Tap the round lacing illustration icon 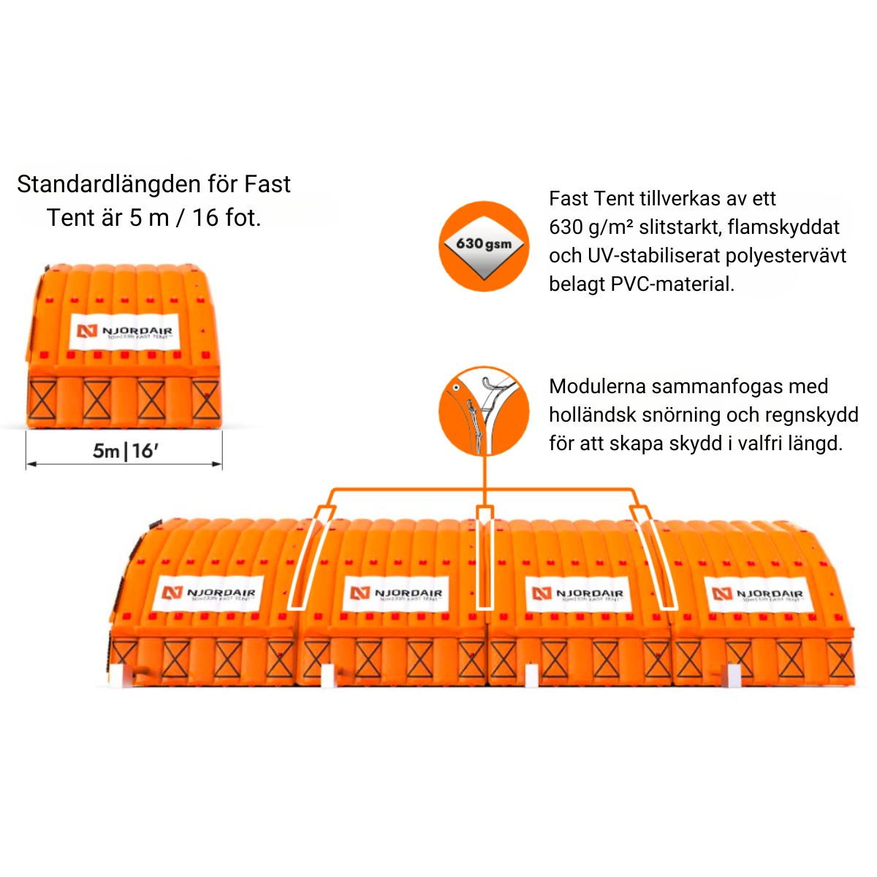pos(484,411)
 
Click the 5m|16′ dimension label pos(125,451)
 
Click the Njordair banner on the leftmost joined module pos(210,593)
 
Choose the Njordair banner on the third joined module pos(578,593)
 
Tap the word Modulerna pos(596,386)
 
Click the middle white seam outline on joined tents pos(484,557)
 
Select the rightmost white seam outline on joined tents pos(655,557)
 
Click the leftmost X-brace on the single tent pos(42,400)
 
